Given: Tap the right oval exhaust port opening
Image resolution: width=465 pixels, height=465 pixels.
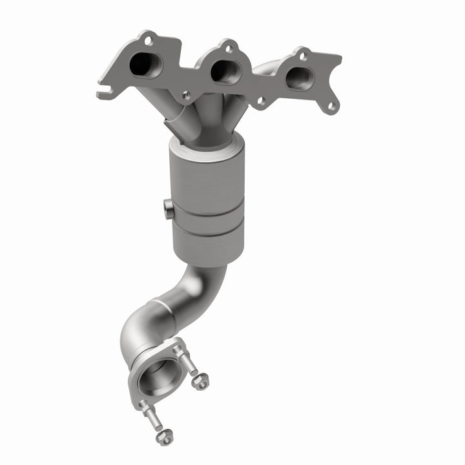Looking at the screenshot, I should pos(298,77).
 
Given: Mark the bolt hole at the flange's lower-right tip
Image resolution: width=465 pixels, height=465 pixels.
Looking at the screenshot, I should pos(331,105).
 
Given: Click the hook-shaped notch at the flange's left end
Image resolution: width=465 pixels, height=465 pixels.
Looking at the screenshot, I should pos(103,90).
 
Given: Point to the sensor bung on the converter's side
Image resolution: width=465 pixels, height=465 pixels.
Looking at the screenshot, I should pos(167,209).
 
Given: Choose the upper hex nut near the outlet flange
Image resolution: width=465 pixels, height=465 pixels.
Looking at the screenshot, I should pos(201,383).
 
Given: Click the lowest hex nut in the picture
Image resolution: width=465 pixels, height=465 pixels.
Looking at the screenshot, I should pos(165,437).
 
